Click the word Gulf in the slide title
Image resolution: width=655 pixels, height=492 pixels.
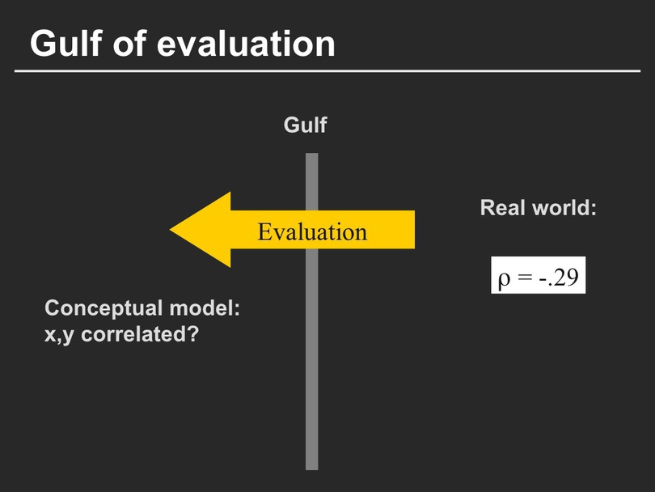66,43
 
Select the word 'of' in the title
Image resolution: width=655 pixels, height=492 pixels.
130,43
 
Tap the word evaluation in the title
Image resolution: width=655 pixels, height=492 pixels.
246,44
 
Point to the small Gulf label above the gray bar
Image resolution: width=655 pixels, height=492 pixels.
305,125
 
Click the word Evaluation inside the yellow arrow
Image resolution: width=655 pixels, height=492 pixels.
312,231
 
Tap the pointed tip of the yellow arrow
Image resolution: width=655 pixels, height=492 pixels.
171,229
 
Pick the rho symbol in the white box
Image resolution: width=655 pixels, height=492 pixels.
505,279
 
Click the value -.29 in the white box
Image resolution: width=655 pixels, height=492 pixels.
559,276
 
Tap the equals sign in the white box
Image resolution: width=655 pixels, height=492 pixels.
524,277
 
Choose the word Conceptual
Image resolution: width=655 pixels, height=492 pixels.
104,309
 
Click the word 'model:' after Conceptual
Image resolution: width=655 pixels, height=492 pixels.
205,308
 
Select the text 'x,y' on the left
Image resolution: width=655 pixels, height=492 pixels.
59,335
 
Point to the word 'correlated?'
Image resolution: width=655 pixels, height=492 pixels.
140,334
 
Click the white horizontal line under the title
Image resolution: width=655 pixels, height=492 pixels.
327,71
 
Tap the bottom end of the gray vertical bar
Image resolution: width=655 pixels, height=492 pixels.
311,469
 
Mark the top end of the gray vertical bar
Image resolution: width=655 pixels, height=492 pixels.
311,154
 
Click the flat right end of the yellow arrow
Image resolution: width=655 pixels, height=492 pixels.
414,230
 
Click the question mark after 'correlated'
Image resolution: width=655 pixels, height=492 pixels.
193,334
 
